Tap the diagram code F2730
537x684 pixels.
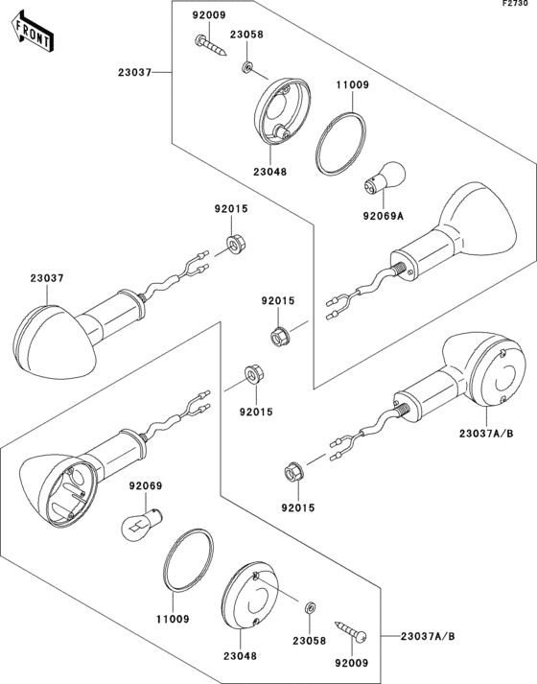[x=519, y=4]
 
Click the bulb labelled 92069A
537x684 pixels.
[x=385, y=178]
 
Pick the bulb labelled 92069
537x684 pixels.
[x=142, y=523]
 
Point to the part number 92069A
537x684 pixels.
[x=384, y=216]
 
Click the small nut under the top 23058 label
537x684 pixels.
[x=247, y=67]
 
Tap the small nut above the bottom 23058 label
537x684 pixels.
[x=309, y=607]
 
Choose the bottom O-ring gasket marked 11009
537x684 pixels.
[x=188, y=560]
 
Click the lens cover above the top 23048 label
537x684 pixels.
[x=282, y=110]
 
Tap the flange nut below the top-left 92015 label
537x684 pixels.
[x=235, y=245]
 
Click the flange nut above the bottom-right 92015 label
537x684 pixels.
[x=294, y=473]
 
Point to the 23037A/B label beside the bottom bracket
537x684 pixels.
[x=428, y=636]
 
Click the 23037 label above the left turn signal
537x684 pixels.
[x=47, y=278]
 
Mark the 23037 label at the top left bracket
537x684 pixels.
[x=134, y=72]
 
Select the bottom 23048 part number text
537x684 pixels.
[x=240, y=655]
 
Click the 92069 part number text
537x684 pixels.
[x=146, y=485]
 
